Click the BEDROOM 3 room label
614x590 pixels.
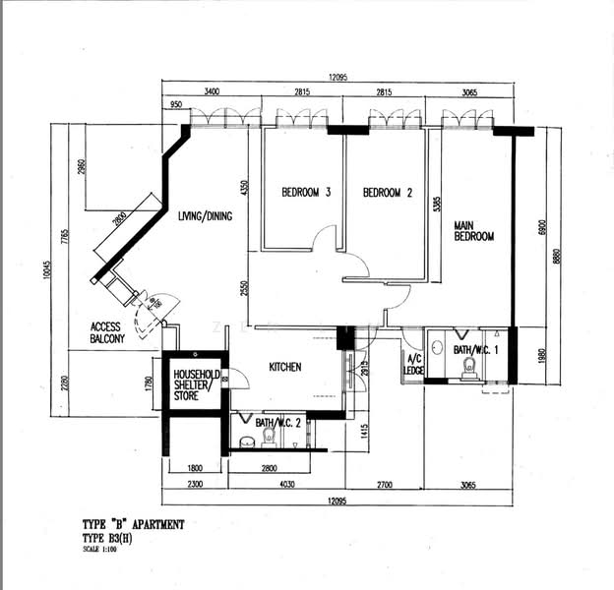[x=305, y=193]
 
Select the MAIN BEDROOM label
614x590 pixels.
[x=473, y=231]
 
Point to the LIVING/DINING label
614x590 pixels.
[x=205, y=216]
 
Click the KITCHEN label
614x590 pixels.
[x=285, y=368]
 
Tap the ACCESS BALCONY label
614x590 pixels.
[x=107, y=333]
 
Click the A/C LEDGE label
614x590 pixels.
[x=414, y=364]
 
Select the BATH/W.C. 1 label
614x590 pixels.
[x=474, y=349]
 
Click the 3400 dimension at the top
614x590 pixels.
[x=212, y=91]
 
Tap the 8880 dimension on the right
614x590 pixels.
[x=557, y=256]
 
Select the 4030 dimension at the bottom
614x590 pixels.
[x=286, y=483]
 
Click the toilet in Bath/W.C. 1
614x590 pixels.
[x=469, y=366]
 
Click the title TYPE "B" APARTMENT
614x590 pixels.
[x=132, y=525]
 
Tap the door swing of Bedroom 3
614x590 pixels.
[x=324, y=239]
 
